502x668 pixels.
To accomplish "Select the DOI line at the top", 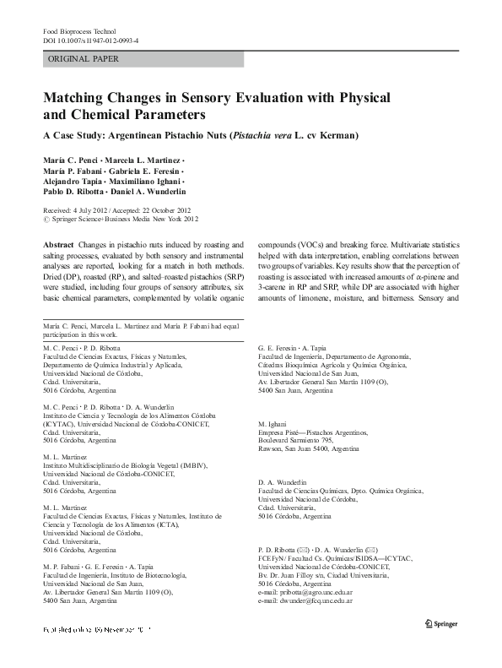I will [91, 40].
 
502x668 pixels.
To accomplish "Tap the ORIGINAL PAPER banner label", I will [84, 59].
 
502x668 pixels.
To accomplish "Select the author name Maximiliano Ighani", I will [144, 182].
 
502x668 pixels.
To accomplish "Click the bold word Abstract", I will [59, 242].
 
